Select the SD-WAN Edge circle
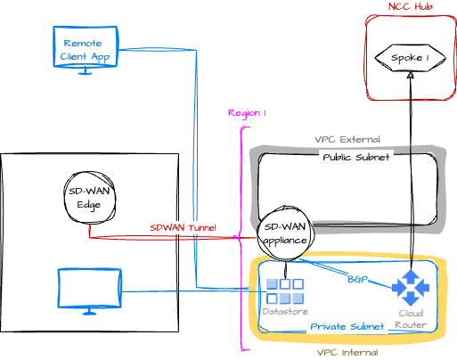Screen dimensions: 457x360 click(x=89, y=197)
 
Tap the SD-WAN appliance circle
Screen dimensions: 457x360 click(x=285, y=233)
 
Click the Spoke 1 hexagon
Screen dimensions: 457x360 click(x=411, y=58)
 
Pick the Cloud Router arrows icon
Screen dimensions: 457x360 click(x=411, y=288)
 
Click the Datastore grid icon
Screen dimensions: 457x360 click(x=285, y=291)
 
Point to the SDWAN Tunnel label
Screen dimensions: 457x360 click(x=183, y=228)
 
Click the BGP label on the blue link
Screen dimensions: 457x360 click(x=357, y=279)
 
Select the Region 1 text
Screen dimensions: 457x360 click(x=247, y=113)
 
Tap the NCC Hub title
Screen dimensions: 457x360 click(x=411, y=6)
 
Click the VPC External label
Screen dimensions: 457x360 click(x=347, y=139)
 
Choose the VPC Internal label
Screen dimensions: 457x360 click(x=347, y=353)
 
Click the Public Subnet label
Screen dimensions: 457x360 click(x=356, y=157)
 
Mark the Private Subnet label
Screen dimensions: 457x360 click(x=347, y=327)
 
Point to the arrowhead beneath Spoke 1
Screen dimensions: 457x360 click(x=411, y=75)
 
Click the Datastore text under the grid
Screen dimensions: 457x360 click(x=285, y=312)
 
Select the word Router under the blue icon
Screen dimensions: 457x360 click(x=411, y=325)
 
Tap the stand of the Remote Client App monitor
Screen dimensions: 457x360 click(x=86, y=71)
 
